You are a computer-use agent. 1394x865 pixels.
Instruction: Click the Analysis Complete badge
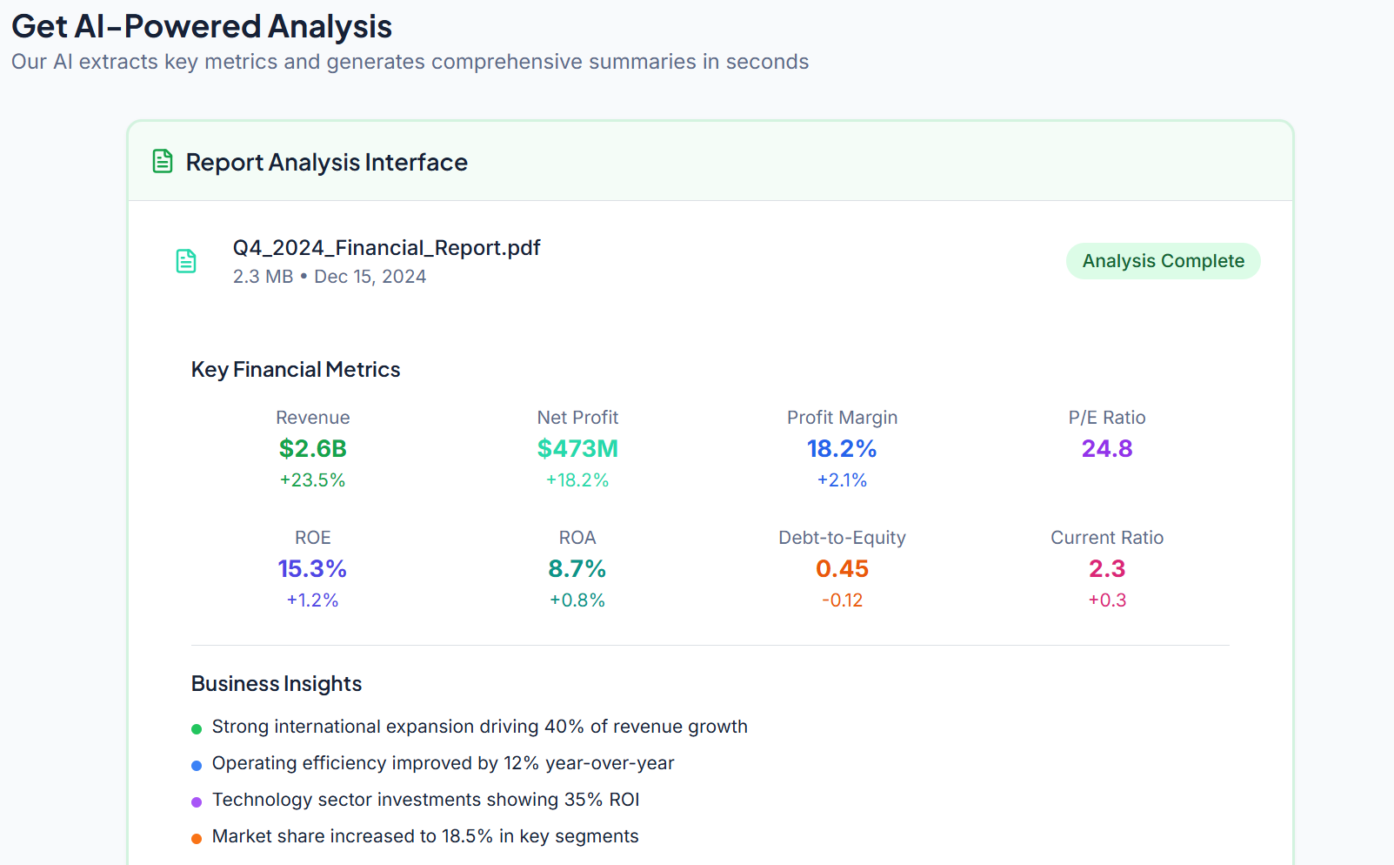tap(1163, 261)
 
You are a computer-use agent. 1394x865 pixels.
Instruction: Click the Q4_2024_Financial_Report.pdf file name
tap(386, 248)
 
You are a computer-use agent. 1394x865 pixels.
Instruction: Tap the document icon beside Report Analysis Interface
tap(163, 162)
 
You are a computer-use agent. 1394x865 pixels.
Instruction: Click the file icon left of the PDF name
tap(186, 261)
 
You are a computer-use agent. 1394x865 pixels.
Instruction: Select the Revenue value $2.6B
tap(312, 449)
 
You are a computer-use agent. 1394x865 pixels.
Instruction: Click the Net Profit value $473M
tap(577, 449)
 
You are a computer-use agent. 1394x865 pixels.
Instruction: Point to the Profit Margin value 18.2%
tap(842, 449)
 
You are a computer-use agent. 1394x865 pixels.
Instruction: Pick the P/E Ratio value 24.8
tap(1106, 449)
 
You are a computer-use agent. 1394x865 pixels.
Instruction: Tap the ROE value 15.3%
tap(312, 569)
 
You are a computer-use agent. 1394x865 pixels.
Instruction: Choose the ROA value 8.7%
tap(577, 569)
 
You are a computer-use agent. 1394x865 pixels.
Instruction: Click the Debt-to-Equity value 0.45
tap(842, 569)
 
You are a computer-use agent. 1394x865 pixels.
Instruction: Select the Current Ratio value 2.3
tap(1106, 569)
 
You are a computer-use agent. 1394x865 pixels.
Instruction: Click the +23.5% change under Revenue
tap(312, 480)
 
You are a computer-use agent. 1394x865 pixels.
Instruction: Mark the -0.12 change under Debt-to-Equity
tap(842, 600)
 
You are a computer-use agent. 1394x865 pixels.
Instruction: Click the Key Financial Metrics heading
tap(296, 370)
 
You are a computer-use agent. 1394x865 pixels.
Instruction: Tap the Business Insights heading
tap(277, 684)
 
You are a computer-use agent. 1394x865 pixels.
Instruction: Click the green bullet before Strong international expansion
tap(197, 728)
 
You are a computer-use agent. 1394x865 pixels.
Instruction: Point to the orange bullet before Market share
tap(197, 838)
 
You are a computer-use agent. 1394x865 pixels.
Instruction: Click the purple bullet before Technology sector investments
tap(197, 801)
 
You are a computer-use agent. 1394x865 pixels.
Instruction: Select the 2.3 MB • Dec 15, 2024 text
tap(330, 277)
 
